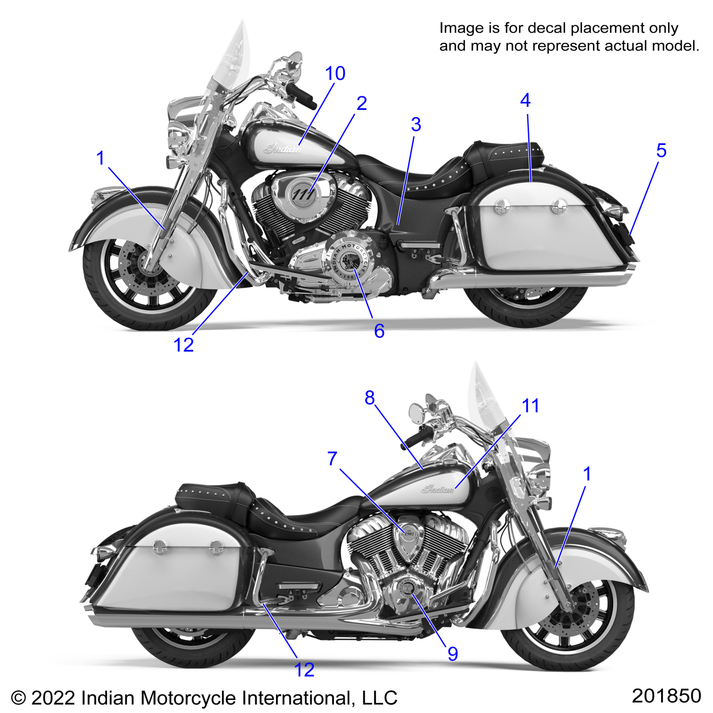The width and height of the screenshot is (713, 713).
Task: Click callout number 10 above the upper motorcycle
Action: (x=335, y=74)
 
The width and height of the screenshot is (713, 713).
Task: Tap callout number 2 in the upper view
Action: (x=362, y=104)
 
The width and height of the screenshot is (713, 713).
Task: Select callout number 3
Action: (x=416, y=125)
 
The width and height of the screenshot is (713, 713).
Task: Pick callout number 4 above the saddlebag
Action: (x=525, y=101)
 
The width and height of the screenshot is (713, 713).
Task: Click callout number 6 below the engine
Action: (x=379, y=331)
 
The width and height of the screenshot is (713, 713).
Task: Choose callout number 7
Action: (x=332, y=459)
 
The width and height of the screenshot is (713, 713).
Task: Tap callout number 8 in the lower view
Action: (x=370, y=398)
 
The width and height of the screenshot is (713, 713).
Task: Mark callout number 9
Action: (x=453, y=654)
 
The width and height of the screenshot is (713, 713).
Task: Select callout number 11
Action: (x=530, y=406)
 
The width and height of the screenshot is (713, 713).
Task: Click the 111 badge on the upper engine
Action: (x=302, y=194)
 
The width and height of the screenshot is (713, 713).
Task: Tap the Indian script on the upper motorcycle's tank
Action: (x=283, y=148)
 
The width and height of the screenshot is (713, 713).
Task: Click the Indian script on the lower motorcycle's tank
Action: (x=437, y=489)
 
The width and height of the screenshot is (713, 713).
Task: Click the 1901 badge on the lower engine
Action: (x=409, y=533)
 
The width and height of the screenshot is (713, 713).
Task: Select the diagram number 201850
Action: (x=666, y=696)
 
